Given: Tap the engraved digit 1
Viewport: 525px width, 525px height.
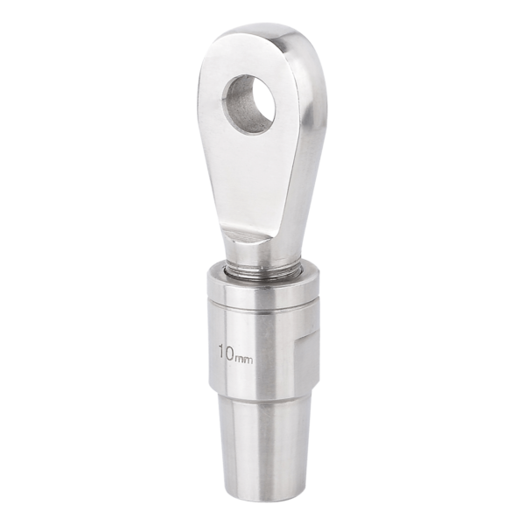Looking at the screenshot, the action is coord(221,352).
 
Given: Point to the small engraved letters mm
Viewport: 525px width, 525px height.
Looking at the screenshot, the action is coord(244,360).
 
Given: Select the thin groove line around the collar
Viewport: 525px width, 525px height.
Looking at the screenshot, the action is coord(261,307).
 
